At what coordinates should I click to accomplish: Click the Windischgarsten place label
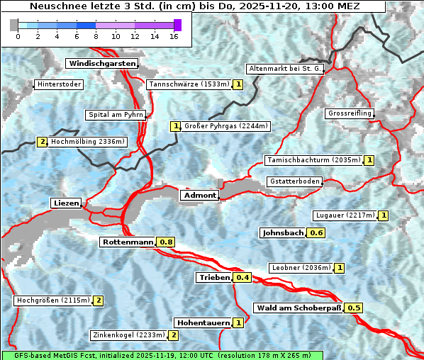pyautogui.click(x=101, y=64)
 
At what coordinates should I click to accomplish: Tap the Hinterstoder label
pyautogui.click(x=59, y=84)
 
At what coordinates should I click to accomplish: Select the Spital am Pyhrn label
pyautogui.click(x=116, y=115)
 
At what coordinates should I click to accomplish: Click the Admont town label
pyautogui.click(x=199, y=196)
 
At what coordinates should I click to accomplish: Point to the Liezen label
pyautogui.click(x=66, y=203)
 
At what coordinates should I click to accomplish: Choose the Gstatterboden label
pyautogui.click(x=294, y=181)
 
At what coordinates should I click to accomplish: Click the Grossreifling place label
pyautogui.click(x=349, y=113)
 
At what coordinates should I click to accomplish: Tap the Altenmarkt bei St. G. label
pyautogui.click(x=285, y=69)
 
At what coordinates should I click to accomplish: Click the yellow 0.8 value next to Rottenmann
pyautogui.click(x=166, y=242)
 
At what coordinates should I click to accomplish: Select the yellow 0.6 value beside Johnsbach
pyautogui.click(x=316, y=232)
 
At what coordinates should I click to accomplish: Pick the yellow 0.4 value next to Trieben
pyautogui.click(x=242, y=277)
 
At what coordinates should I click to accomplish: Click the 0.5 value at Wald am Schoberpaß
pyautogui.click(x=354, y=308)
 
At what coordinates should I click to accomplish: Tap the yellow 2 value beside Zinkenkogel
pyautogui.click(x=174, y=335)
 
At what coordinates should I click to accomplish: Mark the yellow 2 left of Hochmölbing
pyautogui.click(x=43, y=142)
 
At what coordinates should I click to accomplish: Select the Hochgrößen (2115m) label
pyautogui.click(x=53, y=300)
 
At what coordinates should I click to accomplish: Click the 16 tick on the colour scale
pyautogui.click(x=174, y=36)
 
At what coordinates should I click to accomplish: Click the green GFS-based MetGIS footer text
pyautogui.click(x=162, y=355)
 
